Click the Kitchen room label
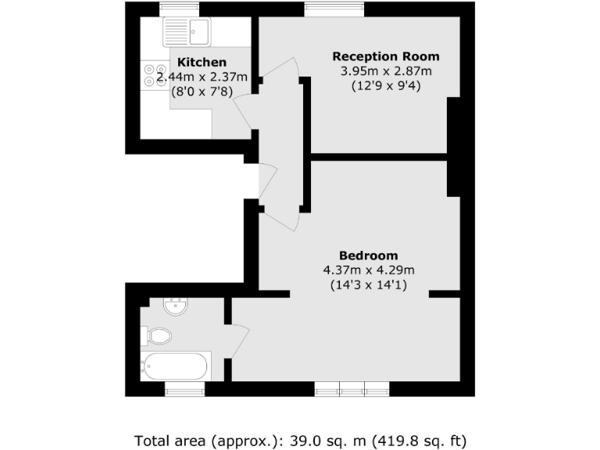tap(202, 62)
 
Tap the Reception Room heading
tap(386, 56)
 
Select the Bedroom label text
tap(369, 255)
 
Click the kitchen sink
tap(187, 31)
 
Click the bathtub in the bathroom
tap(177, 366)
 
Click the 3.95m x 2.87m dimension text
tap(386, 71)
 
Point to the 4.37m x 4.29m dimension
tap(369, 270)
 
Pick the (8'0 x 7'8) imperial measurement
tap(202, 91)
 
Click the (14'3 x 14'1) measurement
tap(369, 285)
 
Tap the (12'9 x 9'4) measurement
tap(386, 86)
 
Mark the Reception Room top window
tap(334, 10)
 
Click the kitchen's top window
tap(175, 10)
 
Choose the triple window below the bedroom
tap(352, 388)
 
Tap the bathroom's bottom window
tap(184, 388)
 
